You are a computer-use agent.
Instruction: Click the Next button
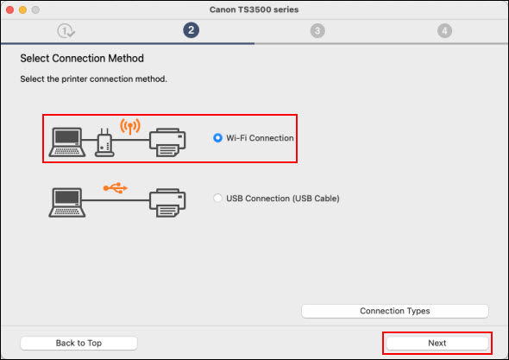coord(437,343)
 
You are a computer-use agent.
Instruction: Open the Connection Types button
coord(394,311)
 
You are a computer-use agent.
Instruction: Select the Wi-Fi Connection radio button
coord(217,138)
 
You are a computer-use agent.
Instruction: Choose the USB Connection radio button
coord(217,199)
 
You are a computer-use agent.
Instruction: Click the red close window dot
coord(10,9)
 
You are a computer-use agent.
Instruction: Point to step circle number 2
coord(191,30)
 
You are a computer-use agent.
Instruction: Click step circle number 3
coord(317,30)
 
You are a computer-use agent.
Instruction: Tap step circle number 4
coord(444,30)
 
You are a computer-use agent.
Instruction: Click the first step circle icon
coord(65,30)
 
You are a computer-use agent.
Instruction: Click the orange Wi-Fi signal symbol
coord(129,126)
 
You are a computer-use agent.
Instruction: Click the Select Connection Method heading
coord(82,59)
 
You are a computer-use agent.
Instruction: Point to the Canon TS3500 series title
coord(255,9)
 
